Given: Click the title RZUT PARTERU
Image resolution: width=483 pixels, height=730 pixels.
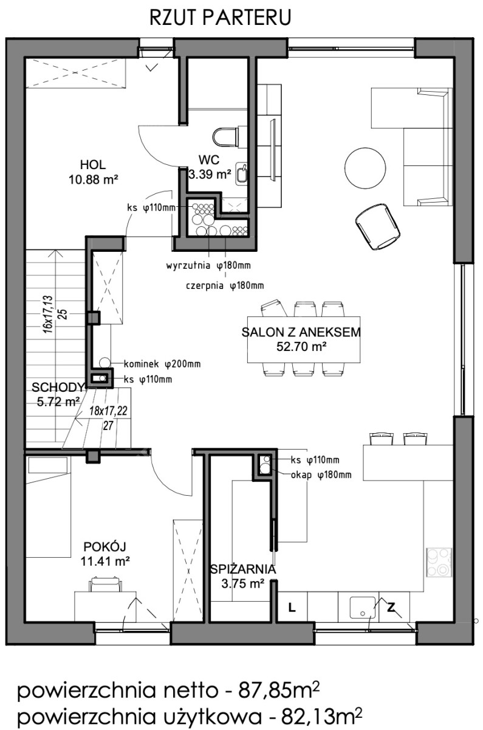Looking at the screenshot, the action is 220,18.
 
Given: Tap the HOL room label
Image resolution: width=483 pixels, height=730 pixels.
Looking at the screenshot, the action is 93,165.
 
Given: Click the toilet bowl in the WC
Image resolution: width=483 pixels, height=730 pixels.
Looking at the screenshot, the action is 225,137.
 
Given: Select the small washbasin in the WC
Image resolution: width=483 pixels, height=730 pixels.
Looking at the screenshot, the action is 241,174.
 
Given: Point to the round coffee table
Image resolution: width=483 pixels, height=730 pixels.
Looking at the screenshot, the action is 365,169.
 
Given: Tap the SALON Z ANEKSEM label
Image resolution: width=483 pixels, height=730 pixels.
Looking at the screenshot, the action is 301,332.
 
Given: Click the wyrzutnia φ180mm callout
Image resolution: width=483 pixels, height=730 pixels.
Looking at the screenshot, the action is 208,266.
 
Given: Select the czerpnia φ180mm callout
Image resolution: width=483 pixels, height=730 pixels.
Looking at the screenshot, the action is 225,286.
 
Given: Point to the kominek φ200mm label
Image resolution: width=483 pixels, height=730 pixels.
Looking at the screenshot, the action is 162,364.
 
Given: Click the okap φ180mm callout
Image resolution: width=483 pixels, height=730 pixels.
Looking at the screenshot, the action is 321,475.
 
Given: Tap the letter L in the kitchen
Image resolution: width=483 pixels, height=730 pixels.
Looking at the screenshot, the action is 292,608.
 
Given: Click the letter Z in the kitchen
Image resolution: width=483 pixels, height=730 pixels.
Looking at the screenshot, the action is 391,607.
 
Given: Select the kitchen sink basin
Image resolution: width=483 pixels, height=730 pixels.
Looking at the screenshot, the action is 363,607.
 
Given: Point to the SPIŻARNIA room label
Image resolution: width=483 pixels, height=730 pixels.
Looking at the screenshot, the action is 243,569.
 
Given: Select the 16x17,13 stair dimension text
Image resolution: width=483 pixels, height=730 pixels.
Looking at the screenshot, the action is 48,314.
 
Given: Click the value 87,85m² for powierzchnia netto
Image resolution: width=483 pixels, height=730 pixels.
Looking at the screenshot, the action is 279,690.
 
